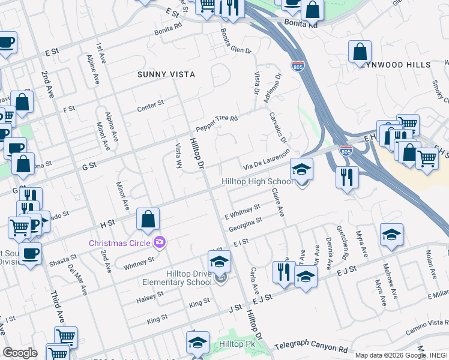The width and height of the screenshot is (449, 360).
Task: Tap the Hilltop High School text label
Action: [x=257, y=181]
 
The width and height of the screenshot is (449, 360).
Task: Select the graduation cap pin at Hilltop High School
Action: [x=301, y=170]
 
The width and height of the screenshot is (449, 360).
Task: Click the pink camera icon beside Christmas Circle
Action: [x=159, y=242]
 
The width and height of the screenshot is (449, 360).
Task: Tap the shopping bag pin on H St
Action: [x=148, y=220]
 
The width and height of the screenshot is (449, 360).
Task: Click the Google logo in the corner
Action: [x=19, y=353]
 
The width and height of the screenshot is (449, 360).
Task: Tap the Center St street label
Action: [x=150, y=105]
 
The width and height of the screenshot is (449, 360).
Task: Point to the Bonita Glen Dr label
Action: [x=235, y=41]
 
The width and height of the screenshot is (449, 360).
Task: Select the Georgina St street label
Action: [x=245, y=223]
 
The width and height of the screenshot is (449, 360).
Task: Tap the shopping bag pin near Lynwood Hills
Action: [x=360, y=53]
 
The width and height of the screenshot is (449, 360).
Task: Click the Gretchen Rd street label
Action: [x=340, y=240]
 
